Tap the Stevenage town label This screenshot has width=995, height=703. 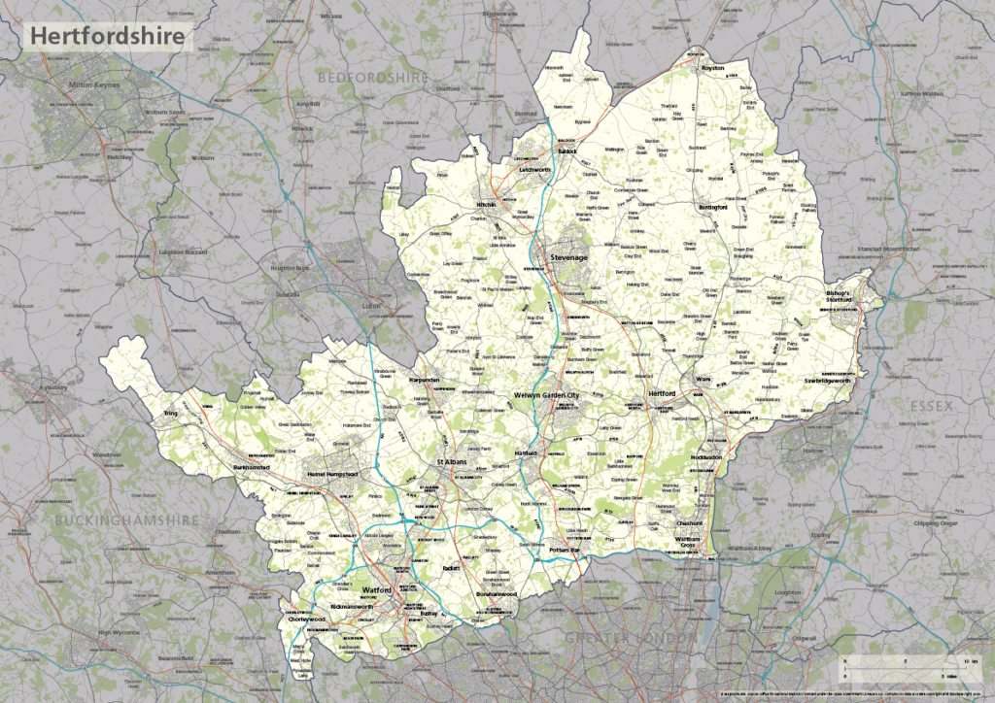tap(568, 257)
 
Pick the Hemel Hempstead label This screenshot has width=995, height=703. tap(332, 473)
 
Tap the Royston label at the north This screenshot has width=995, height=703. tap(713, 69)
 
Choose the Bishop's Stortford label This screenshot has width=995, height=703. tap(838, 296)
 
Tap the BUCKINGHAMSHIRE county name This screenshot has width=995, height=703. tap(126, 520)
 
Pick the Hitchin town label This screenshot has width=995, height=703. tap(486, 206)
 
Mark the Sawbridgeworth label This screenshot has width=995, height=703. tap(829, 381)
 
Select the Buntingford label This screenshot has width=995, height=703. tap(713, 207)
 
